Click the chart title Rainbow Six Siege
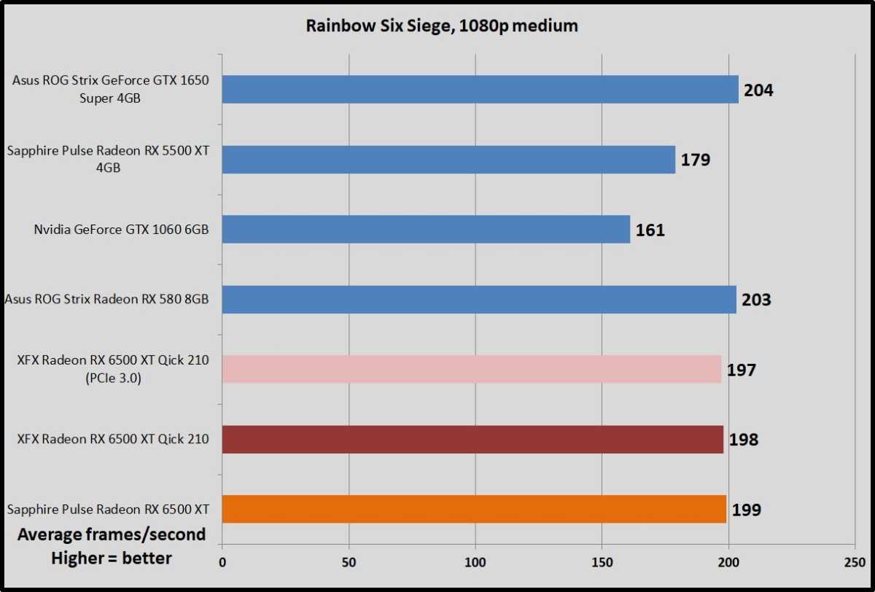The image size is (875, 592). pyautogui.click(x=442, y=26)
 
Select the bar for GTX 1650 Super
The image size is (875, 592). pyautogui.click(x=480, y=89)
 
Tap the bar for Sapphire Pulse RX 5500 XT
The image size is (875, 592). pyautogui.click(x=448, y=159)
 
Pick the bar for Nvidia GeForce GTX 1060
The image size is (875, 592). pyautogui.click(x=426, y=229)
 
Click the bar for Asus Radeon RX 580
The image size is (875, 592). pyautogui.click(x=479, y=299)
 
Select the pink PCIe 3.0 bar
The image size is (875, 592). pyautogui.click(x=471, y=369)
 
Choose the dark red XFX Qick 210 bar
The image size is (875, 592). pyautogui.click(x=472, y=439)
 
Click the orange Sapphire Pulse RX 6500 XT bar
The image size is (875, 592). pyautogui.click(x=474, y=509)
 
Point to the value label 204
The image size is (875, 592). pyautogui.click(x=758, y=90)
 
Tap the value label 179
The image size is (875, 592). pyautogui.click(x=695, y=160)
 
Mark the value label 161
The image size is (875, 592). pyautogui.click(x=650, y=230)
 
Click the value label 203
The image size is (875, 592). pyautogui.click(x=756, y=300)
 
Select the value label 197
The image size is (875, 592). pyautogui.click(x=741, y=370)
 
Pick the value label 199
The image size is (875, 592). pyautogui.click(x=746, y=510)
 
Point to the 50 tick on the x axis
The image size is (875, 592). pyautogui.click(x=349, y=563)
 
